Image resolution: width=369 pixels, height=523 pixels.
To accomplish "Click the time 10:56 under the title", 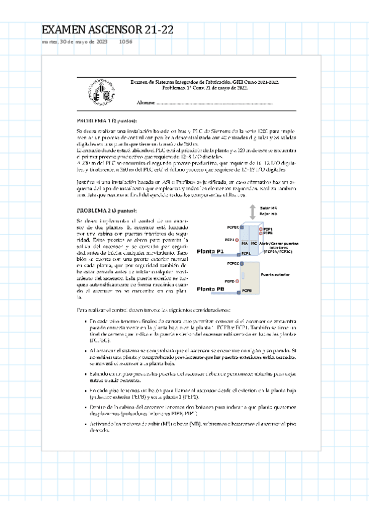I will [x=125, y=42].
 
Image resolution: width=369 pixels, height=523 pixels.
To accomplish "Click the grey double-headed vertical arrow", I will [x=252, y=213].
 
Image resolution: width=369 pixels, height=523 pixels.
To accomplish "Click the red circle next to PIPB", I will [x=260, y=233].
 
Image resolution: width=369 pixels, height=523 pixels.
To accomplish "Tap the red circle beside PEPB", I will [x=237, y=280].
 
